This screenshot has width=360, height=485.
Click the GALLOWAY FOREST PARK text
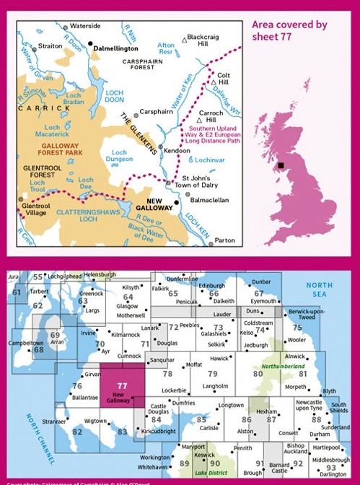tap(55, 149)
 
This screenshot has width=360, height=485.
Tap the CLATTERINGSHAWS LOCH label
tap(80, 219)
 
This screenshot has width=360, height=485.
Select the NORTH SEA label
tap(319, 290)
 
